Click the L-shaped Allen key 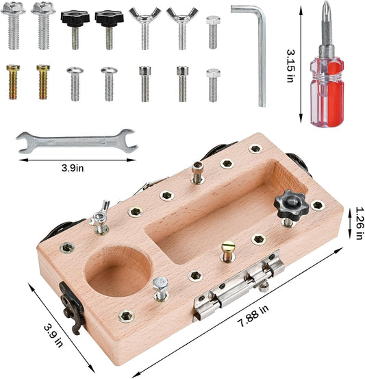(262, 56)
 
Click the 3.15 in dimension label (290, 66)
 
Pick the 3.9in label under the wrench (73, 168)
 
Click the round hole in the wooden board (118, 271)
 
